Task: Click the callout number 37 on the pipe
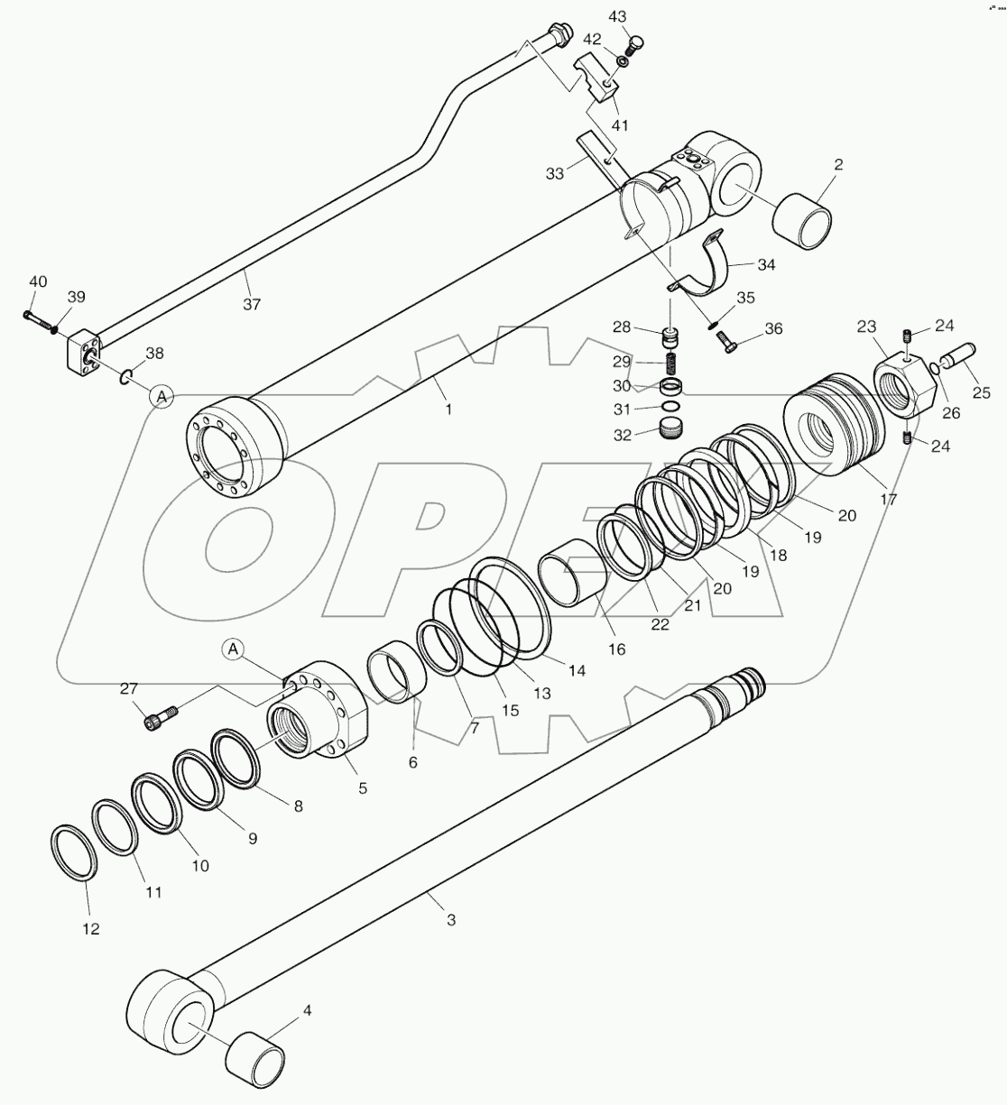click(252, 305)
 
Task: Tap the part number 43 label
click(642, 17)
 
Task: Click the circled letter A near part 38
click(162, 396)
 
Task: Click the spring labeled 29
click(670, 364)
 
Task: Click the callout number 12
click(92, 929)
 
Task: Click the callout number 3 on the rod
click(451, 920)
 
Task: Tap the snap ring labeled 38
click(128, 377)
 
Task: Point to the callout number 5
click(363, 787)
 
